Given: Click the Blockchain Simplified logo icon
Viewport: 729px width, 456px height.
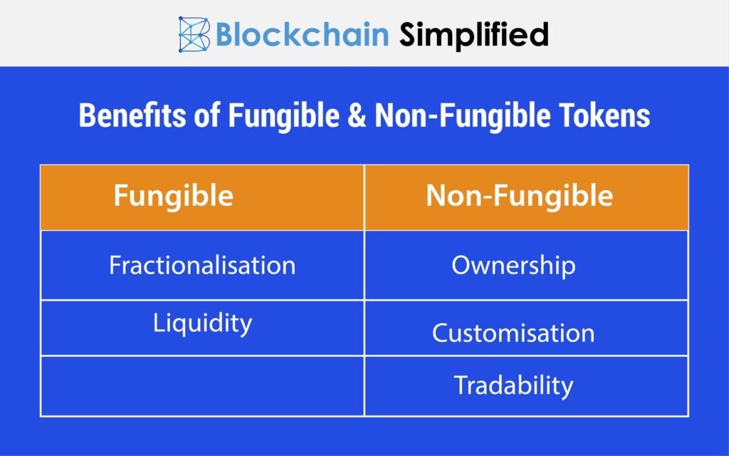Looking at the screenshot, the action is pyautogui.click(x=194, y=34).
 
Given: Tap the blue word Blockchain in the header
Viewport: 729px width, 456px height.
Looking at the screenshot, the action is pyautogui.click(x=302, y=34).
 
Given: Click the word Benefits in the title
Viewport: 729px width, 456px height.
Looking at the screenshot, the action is pyautogui.click(x=132, y=115).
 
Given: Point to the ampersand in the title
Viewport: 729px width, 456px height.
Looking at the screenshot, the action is pyautogui.click(x=357, y=115).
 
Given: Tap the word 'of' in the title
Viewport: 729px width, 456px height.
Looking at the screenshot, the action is pyautogui.click(x=207, y=115).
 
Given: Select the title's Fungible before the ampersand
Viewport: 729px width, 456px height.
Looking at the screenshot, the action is pyautogui.click(x=283, y=116).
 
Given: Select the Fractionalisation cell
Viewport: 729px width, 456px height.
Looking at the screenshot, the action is pyautogui.click(x=202, y=265).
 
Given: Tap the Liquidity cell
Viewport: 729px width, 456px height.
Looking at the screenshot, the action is pyautogui.click(x=202, y=328).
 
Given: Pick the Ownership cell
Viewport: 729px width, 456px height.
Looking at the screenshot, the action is pyautogui.click(x=526, y=265).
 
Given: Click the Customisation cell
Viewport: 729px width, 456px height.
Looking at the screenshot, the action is pyautogui.click(x=526, y=328).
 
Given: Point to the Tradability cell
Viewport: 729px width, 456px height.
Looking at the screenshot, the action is pyautogui.click(x=526, y=386).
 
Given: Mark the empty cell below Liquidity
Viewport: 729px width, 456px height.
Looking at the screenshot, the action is pyautogui.click(x=202, y=386).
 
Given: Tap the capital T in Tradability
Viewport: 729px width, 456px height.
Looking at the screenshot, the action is pyautogui.click(x=463, y=385).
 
